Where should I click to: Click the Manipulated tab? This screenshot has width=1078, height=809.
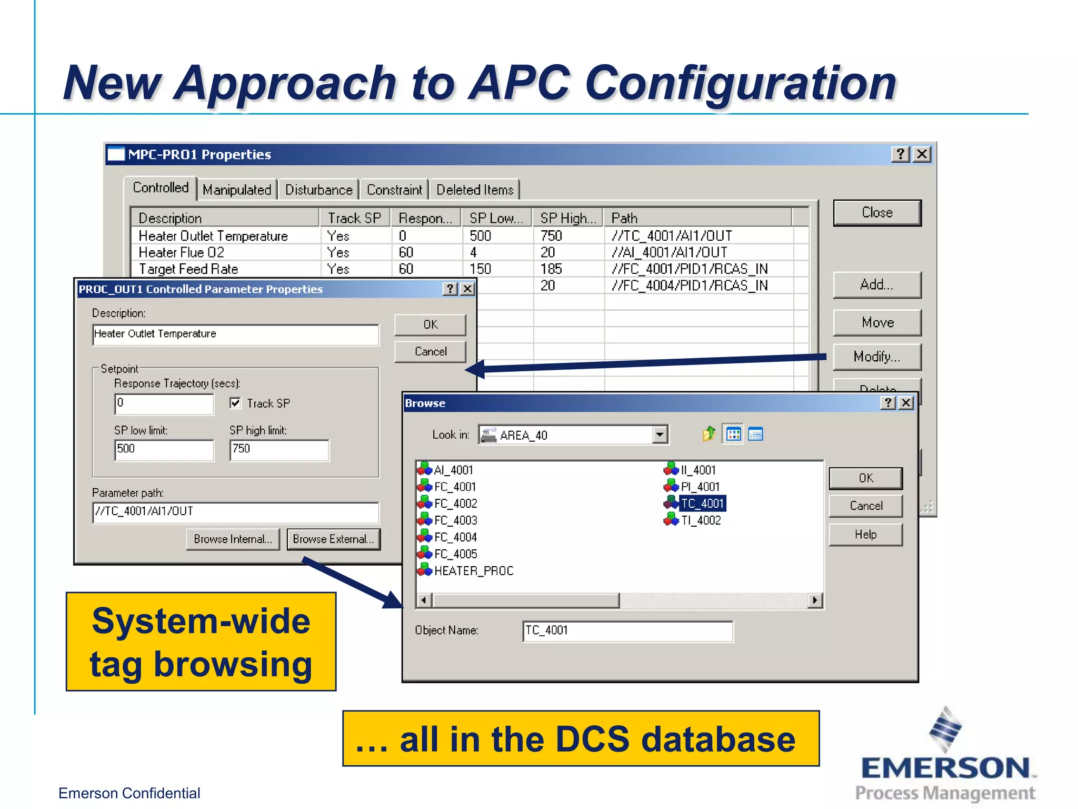coord(237,190)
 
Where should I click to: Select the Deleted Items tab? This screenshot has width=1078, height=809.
coord(475,190)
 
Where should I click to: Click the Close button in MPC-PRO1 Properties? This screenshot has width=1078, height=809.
coord(877,213)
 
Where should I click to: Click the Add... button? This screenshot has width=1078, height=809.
coord(877,285)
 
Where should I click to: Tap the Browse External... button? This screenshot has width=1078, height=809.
coord(333,539)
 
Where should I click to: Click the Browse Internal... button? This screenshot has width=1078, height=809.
coord(233,539)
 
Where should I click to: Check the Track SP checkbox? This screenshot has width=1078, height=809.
coord(235,403)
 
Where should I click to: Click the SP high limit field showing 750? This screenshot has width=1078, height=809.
coord(279,450)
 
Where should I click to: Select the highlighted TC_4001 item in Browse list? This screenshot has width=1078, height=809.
coord(702,504)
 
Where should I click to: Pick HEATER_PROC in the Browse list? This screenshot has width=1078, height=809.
coord(473,571)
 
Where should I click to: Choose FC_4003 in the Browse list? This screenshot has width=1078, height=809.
coord(455,520)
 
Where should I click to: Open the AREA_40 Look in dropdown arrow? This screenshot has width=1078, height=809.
coord(660,435)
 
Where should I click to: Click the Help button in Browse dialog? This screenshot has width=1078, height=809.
coord(865,535)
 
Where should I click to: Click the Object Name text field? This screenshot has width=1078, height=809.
coord(627,631)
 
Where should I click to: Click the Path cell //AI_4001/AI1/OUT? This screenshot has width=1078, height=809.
coord(669,253)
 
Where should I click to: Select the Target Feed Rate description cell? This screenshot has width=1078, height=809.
coord(188,269)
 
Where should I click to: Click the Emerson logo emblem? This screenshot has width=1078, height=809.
coord(945,729)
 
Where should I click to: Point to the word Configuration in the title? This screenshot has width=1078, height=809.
coord(741,83)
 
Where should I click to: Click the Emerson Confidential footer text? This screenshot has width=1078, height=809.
coord(129,793)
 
